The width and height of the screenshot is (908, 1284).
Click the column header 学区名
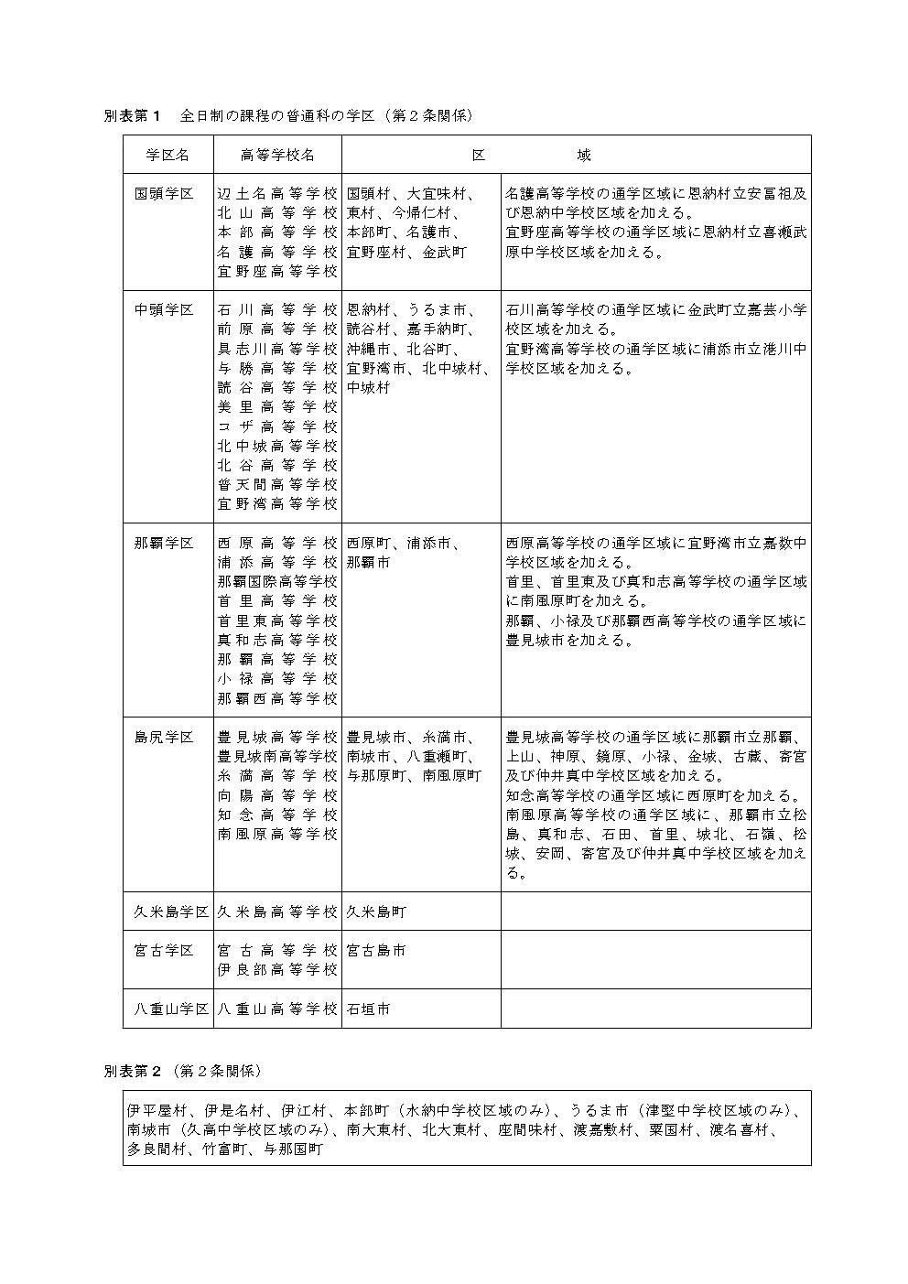[x=168, y=156]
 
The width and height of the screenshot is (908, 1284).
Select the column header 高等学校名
[x=277, y=156]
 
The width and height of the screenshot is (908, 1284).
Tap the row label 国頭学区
[x=165, y=194]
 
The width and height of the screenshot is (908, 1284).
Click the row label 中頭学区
[x=165, y=310]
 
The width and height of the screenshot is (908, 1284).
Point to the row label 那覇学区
[x=165, y=544]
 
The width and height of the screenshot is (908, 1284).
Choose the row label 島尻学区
[x=165, y=738]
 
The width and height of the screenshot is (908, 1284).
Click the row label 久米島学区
[x=168, y=912]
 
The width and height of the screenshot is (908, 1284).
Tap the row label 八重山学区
[x=168, y=1009]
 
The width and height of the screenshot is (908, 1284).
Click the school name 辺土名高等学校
[x=277, y=194]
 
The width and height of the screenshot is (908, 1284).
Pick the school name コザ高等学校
[x=277, y=426]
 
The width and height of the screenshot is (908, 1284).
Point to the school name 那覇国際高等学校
[x=277, y=582]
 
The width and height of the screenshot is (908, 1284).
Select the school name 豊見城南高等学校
[x=277, y=757]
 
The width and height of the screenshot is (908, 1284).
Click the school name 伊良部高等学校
[x=277, y=970]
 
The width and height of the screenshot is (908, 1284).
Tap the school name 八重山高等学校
[x=277, y=1009]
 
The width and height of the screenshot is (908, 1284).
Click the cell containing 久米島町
[x=376, y=912]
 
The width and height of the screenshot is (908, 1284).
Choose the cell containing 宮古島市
[x=376, y=951]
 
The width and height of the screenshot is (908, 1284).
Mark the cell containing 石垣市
[x=369, y=1009]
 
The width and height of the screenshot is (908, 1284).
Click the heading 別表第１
[x=132, y=116]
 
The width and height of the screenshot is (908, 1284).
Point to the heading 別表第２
[x=132, y=1070]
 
